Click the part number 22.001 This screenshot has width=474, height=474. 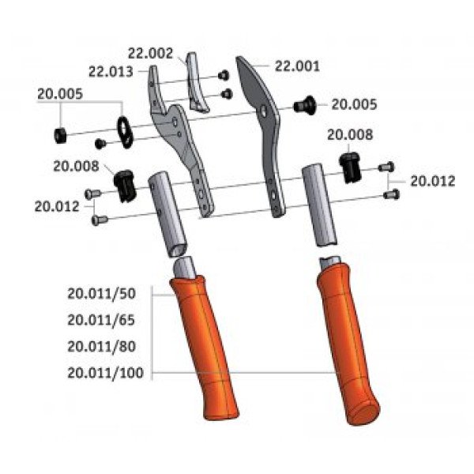(297, 66)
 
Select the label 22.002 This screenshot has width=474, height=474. (150, 54)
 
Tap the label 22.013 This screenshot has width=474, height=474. (111, 72)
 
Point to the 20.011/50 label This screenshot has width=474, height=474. (101, 294)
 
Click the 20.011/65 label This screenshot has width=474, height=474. (101, 320)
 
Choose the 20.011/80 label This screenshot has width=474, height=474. (101, 347)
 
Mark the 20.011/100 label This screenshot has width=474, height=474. (105, 373)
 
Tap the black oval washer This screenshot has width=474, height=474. (125, 132)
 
